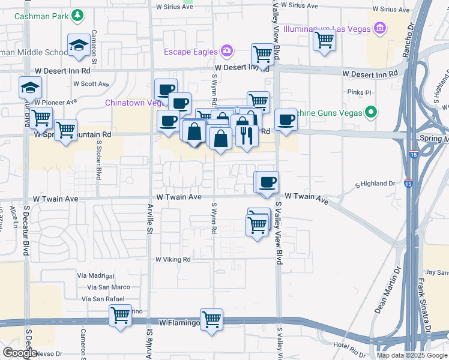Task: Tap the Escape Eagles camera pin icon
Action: [x=227, y=51]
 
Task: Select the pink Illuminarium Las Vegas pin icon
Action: [x=379, y=28]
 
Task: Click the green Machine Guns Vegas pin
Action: [x=371, y=111]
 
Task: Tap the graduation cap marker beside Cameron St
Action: [x=79, y=45]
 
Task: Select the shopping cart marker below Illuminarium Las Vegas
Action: [x=324, y=40]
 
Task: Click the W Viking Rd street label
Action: [x=173, y=260]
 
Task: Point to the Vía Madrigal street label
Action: [x=95, y=275]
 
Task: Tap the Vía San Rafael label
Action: [x=103, y=299]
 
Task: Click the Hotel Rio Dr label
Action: [x=351, y=345]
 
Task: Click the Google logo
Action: [x=19, y=352]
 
